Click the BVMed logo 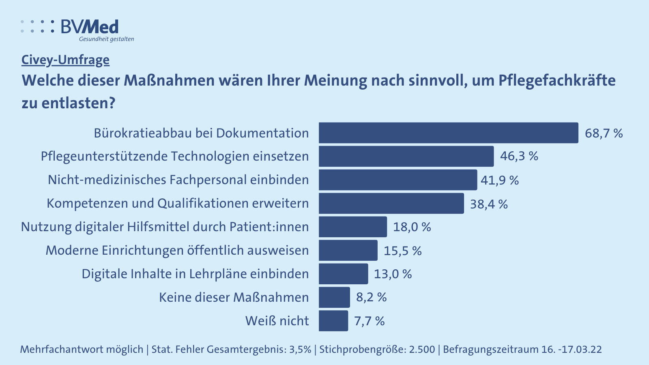tap(77, 27)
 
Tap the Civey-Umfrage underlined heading tap(65, 60)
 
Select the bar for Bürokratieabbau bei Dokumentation tap(448, 133)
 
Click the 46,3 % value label tap(519, 156)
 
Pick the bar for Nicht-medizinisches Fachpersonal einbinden tap(398, 180)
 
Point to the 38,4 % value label tap(489, 204)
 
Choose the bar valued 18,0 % tap(352, 227)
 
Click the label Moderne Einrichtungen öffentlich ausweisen tap(177, 250)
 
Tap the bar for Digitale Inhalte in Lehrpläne tap(343, 274)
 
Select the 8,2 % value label tap(371, 297)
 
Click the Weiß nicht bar tap(333, 321)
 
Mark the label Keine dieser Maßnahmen tap(234, 297)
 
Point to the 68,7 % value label tap(604, 133)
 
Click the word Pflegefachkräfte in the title tap(557, 80)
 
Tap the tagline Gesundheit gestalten tap(106, 39)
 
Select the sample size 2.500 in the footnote tap(421, 349)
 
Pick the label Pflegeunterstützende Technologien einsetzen tap(174, 156)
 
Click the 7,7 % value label tap(369, 321)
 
